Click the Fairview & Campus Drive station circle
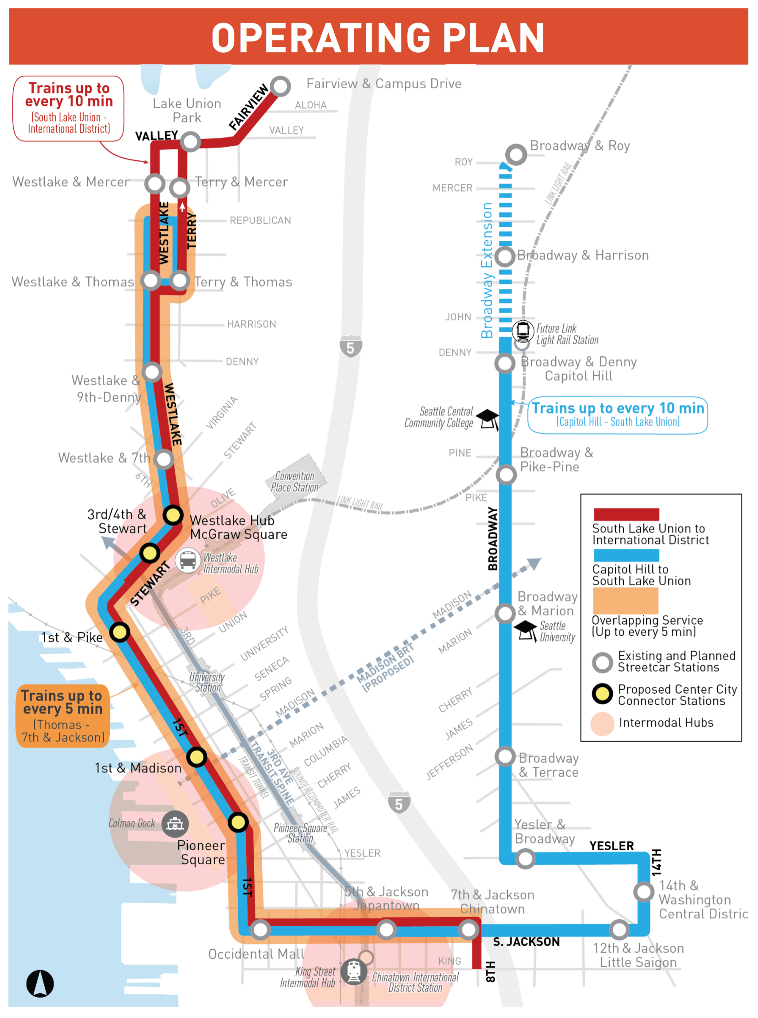(280, 86)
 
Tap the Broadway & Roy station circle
(516, 155)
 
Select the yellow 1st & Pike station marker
(120, 632)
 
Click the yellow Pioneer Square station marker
(238, 822)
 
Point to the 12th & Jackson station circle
(619, 930)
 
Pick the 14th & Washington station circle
(644, 892)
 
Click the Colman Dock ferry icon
(175, 824)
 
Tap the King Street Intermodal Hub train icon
(354, 971)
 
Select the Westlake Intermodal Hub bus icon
(187, 560)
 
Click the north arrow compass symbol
(40, 983)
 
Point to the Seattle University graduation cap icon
(526, 629)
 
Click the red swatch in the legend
(627, 514)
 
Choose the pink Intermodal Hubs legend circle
(603, 724)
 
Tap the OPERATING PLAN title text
(378, 38)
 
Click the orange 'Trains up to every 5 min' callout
(63, 716)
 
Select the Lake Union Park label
(187, 111)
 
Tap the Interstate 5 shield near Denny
(351, 347)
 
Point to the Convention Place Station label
(294, 482)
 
